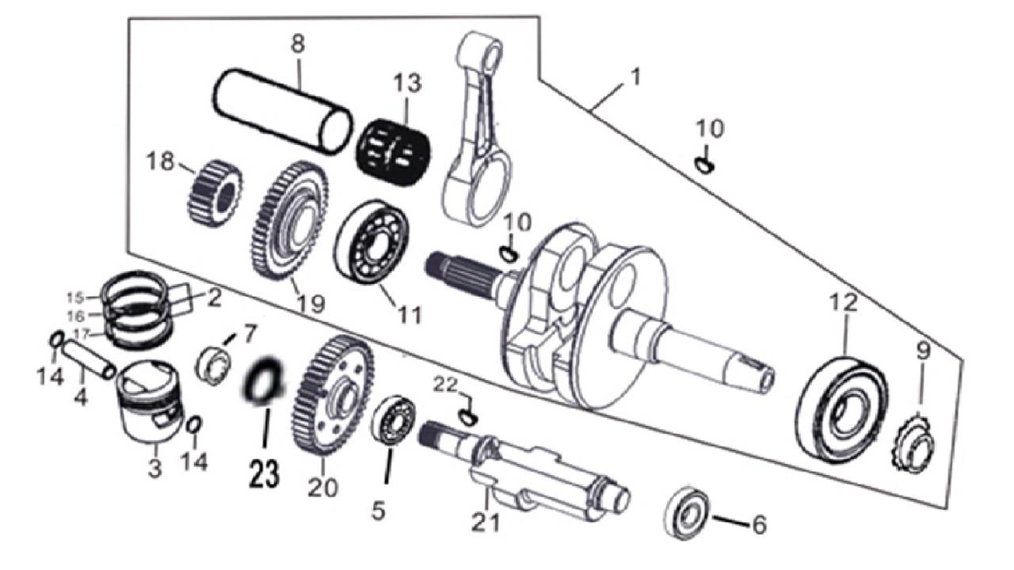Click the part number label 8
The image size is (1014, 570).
coord(297,44)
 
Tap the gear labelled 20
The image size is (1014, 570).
coord(332,395)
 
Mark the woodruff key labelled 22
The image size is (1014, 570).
coord(468,414)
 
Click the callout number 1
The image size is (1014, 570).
coord(636,77)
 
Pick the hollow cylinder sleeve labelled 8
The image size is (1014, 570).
coord(281,110)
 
